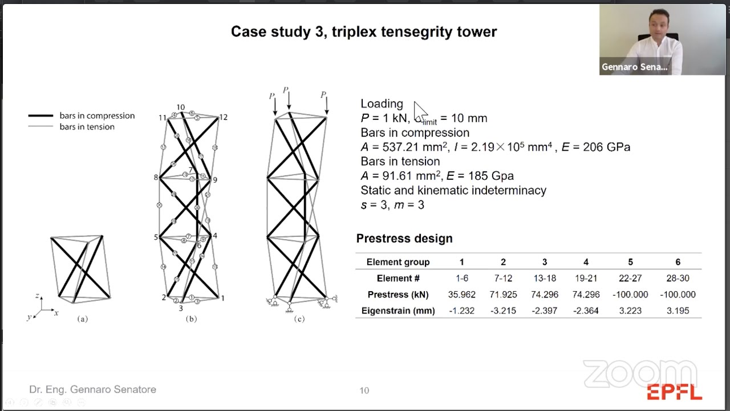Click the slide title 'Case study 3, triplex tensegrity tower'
point(364,31)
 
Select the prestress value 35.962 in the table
point(461,295)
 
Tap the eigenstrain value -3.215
point(502,311)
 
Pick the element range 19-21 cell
point(586,278)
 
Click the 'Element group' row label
point(398,262)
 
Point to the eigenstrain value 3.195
point(678,311)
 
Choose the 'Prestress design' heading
point(404,239)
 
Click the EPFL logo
point(674,393)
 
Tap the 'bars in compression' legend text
point(97,115)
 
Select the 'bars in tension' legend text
point(87,127)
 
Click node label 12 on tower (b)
point(223,117)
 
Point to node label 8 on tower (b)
point(156,178)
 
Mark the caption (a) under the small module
point(83,319)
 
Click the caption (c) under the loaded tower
point(299,319)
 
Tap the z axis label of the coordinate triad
point(37,296)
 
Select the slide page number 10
point(364,390)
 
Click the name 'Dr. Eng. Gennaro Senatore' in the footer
point(92,389)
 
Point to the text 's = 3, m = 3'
point(392,205)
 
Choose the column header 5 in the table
point(630,262)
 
